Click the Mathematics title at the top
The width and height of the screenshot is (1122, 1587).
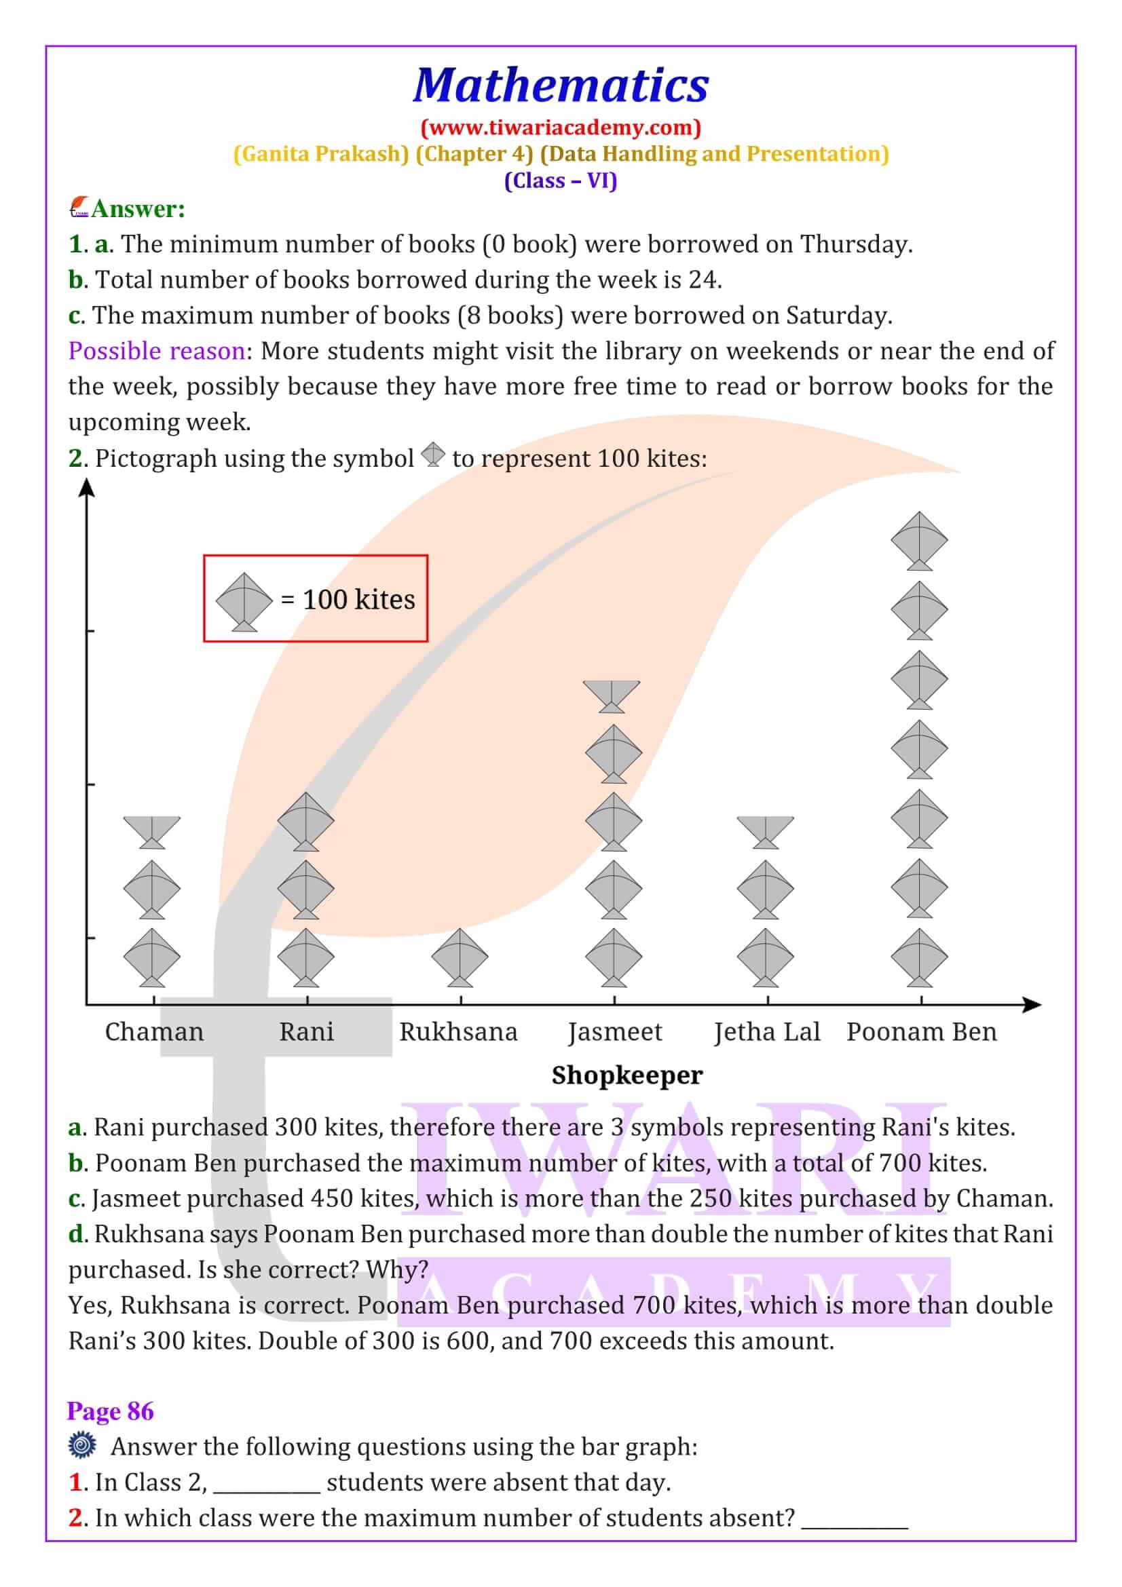pos(561,85)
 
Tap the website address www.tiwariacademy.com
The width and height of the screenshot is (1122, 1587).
pos(561,127)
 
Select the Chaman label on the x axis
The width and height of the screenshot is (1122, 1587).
pos(154,1032)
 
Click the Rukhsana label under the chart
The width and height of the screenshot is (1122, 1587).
pos(458,1032)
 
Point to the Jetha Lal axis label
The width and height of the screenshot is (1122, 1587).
pos(766,1032)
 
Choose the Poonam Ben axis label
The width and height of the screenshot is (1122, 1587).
pos(922,1032)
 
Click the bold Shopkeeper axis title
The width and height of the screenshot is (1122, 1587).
pos(627,1075)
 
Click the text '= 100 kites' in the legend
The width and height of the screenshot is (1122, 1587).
pos(348,600)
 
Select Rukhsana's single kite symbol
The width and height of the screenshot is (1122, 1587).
pos(460,957)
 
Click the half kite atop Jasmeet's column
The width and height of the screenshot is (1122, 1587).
pos(612,695)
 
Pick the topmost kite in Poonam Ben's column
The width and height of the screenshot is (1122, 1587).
pos(919,541)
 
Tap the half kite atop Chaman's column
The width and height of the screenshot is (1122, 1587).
pos(152,832)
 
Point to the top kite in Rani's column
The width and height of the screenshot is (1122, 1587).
pos(305,820)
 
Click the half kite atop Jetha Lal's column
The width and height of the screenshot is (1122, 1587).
pos(765,832)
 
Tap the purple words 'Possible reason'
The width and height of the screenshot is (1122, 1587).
pos(157,351)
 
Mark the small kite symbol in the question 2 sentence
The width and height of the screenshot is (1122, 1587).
pos(434,454)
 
